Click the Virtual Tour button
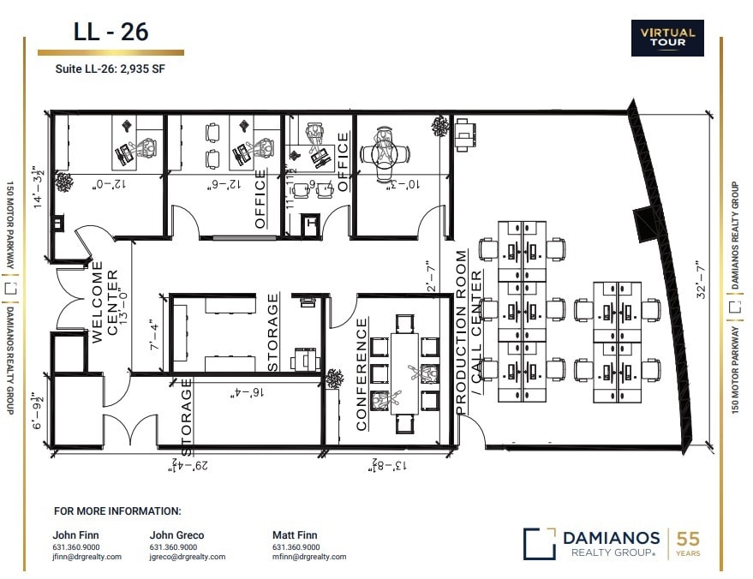pyautogui.click(x=667, y=39)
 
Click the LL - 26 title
pyautogui.click(x=111, y=32)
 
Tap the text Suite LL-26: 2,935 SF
pyautogui.click(x=101, y=70)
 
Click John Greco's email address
pyautogui.click(x=187, y=557)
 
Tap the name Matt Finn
pyautogui.click(x=295, y=535)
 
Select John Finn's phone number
pyautogui.click(x=75, y=546)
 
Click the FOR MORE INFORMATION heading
pyautogui.click(x=117, y=511)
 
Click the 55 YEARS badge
pyautogui.click(x=688, y=542)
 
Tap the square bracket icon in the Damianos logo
pyautogui.click(x=539, y=543)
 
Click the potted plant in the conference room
pyautogui.click(x=335, y=377)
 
